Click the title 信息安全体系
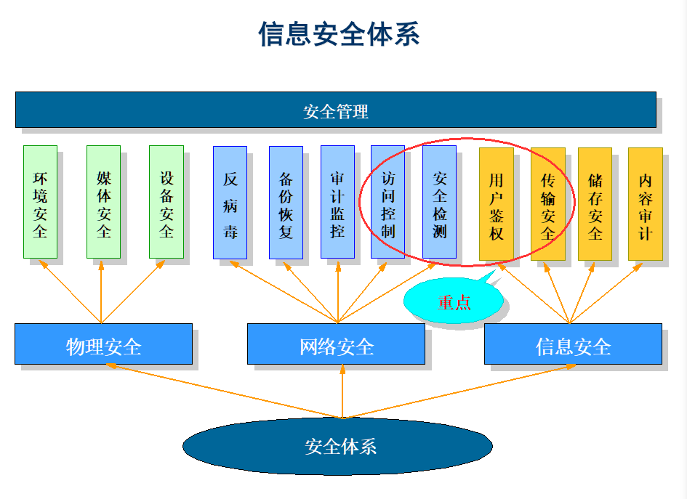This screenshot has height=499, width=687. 339,34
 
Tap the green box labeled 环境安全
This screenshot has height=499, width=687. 40,202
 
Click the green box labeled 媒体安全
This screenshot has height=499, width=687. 103,202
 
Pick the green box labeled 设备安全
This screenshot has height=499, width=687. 166,202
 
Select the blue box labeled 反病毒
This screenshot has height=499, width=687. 230,203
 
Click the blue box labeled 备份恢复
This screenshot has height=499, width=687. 286,203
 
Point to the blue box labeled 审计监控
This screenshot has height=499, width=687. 337,203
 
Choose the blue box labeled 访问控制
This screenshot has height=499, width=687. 387,203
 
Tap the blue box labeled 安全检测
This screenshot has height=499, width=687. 439,203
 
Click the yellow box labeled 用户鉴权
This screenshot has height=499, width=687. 496,204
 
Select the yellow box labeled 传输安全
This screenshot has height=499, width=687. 547,204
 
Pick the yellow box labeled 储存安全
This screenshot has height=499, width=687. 595,204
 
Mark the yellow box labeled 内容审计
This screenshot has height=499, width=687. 645,204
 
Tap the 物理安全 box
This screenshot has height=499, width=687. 103,344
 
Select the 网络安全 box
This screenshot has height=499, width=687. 336,344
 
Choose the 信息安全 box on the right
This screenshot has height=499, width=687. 573,344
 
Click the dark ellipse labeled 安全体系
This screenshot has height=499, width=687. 337,445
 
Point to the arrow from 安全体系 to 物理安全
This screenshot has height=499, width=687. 225,392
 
